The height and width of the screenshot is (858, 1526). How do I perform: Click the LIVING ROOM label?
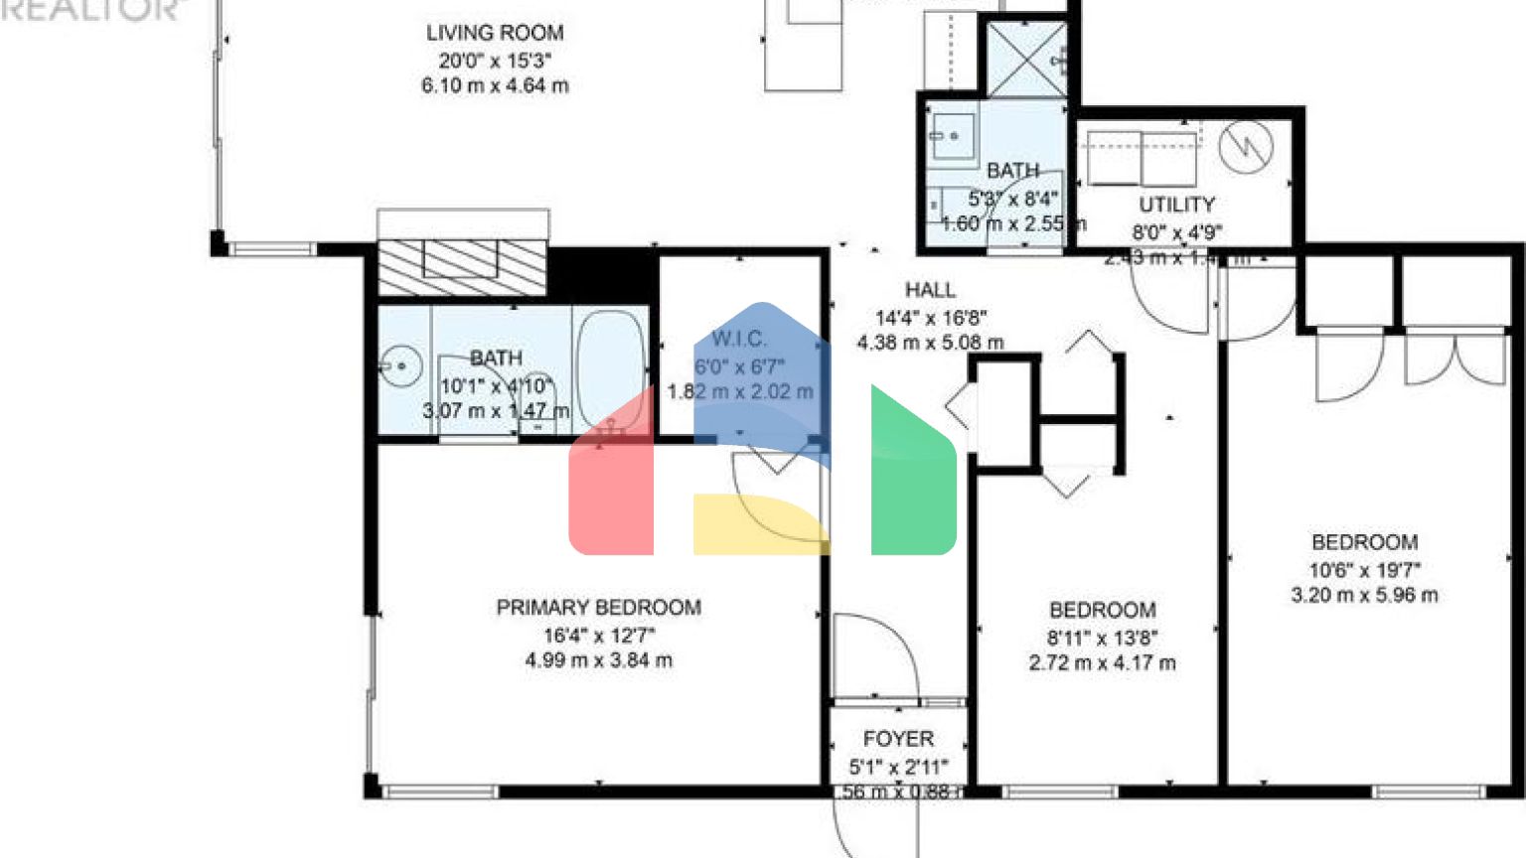pyautogui.click(x=495, y=33)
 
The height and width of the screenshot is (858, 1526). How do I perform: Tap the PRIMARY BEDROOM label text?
pyautogui.click(x=598, y=607)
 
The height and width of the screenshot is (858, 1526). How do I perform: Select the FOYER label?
pyautogui.click(x=898, y=739)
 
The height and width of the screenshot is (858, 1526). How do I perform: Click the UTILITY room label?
pyautogui.click(x=1176, y=205)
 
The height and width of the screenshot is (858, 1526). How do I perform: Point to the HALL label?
pyautogui.click(x=930, y=290)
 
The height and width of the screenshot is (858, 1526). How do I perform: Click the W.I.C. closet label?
pyautogui.click(x=739, y=339)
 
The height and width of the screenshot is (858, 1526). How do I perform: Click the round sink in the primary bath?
pyautogui.click(x=401, y=366)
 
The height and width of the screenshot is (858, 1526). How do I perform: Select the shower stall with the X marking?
pyautogui.click(x=1026, y=59)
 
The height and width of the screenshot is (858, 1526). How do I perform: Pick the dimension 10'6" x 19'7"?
pyautogui.click(x=1364, y=570)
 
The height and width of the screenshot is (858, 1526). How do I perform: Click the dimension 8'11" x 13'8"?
pyautogui.click(x=1102, y=638)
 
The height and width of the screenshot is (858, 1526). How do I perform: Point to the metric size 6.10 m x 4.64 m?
pyautogui.click(x=495, y=86)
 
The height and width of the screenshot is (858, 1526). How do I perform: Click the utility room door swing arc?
pyautogui.click(x=1172, y=303)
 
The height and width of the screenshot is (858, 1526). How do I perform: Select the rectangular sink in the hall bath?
pyautogui.click(x=952, y=135)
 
